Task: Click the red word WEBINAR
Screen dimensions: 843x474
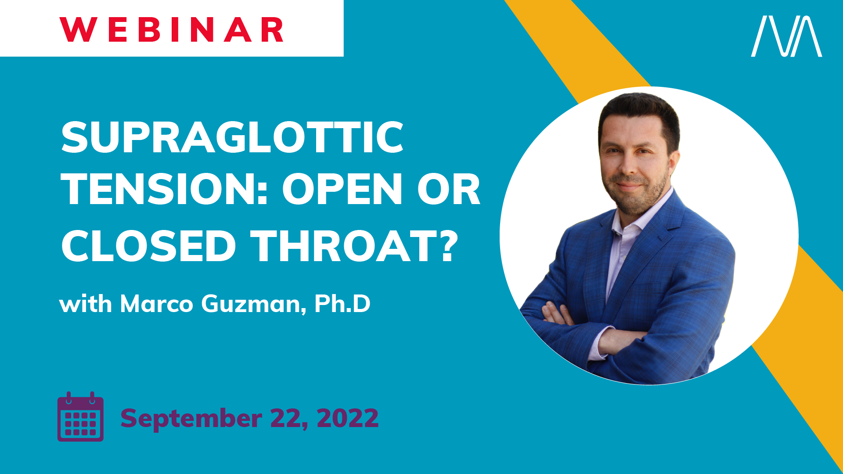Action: coord(172,30)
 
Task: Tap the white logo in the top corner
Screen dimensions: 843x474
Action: coord(786,36)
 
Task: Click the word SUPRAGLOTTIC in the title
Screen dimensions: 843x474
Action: coord(232,137)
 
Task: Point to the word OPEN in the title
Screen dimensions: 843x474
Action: coord(342,189)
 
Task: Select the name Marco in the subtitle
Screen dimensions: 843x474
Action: coord(157,304)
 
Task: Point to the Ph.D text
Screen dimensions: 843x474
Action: coord(342,303)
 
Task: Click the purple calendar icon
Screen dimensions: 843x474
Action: coord(81,417)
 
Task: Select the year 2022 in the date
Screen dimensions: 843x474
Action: coord(348,418)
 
